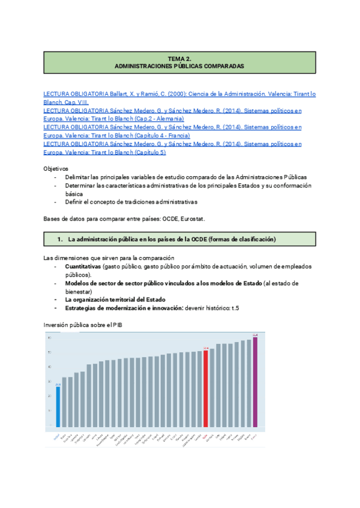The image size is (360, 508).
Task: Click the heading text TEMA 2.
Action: click(x=179, y=59)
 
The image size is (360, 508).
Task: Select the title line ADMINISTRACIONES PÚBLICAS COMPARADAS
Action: click(x=179, y=66)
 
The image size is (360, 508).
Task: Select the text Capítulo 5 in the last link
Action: click(x=149, y=152)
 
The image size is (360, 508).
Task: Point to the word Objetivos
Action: click(x=56, y=169)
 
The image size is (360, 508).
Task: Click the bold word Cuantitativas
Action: click(x=83, y=265)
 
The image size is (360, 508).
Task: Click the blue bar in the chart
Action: click(x=58, y=407)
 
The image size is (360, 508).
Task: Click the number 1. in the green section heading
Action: click(x=60, y=239)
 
